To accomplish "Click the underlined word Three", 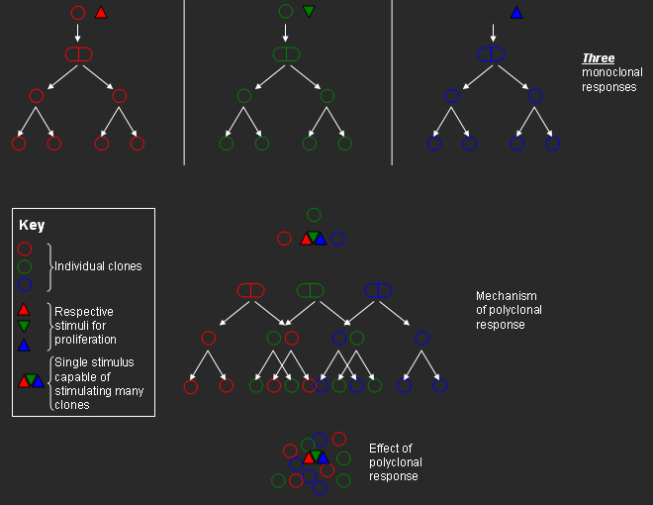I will pos(598,58).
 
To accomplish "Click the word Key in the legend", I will pos(32,225).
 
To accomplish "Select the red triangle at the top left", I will pos(100,13).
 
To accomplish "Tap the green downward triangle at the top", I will pos(309,12).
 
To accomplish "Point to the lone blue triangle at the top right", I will pos(515,13).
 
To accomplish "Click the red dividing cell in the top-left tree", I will pos(79,53).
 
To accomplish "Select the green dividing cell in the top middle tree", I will pos(286,53).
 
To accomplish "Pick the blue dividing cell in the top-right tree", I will pos(492,53).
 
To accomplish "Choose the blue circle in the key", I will pos(25,284).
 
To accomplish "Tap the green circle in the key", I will pos(25,266).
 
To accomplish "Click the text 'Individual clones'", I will pos(98,266).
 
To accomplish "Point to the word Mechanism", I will pos(506,296).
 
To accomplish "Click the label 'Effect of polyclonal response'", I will pos(395,462).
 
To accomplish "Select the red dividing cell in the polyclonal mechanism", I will pos(250,290).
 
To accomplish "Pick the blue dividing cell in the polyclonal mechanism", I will pos(378,290).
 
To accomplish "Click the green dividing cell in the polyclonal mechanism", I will pos(311,290).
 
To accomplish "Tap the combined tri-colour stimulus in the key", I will pos(31,380).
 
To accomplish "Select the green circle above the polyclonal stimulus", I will pos(314,215).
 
